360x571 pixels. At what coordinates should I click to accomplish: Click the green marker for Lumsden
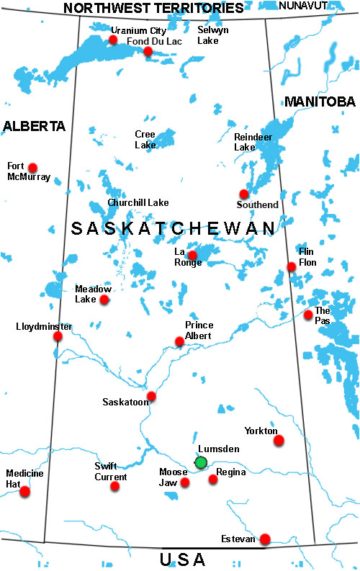click(201, 462)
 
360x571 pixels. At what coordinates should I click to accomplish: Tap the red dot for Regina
click(212, 479)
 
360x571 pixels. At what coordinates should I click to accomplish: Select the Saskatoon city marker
click(151, 396)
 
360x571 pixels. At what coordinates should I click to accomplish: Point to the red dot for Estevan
click(265, 539)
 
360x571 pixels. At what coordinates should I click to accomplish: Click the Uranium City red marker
click(113, 40)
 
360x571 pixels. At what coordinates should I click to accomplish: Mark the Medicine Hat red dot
click(25, 491)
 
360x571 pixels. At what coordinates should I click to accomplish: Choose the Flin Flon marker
click(291, 266)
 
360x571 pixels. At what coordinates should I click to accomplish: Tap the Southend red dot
click(244, 194)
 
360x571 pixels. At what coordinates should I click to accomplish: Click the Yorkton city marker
click(279, 439)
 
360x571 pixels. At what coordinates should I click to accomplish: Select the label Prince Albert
click(199, 331)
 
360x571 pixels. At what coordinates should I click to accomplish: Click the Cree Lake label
click(145, 139)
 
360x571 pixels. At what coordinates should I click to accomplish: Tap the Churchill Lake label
click(138, 203)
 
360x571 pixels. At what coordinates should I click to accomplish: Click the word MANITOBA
click(320, 102)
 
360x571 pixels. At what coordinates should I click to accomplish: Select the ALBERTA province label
click(34, 126)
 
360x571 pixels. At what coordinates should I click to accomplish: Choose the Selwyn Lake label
click(214, 35)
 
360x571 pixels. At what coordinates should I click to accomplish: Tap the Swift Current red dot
click(114, 486)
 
